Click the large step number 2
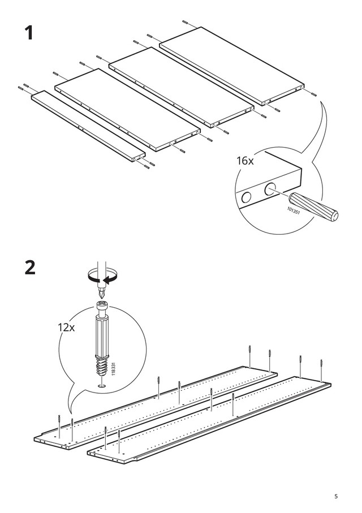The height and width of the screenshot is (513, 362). click(30, 268)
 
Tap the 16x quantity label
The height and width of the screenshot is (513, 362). click(245, 161)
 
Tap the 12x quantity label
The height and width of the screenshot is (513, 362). click(66, 327)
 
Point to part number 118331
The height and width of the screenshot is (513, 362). click(114, 369)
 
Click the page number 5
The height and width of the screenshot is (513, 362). click(336, 496)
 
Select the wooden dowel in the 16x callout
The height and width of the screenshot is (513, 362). click(313, 207)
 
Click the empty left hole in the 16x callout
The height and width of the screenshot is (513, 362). click(246, 197)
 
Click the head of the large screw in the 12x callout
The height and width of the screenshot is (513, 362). click(101, 307)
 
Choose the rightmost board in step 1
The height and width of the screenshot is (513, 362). click(232, 66)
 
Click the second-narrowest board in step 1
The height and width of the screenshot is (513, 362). click(127, 110)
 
